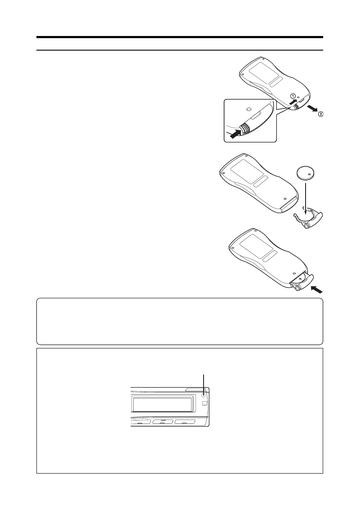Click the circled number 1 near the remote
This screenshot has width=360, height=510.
point(293,96)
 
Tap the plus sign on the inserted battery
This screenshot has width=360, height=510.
point(300,279)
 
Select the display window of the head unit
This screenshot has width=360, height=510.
point(162,405)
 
